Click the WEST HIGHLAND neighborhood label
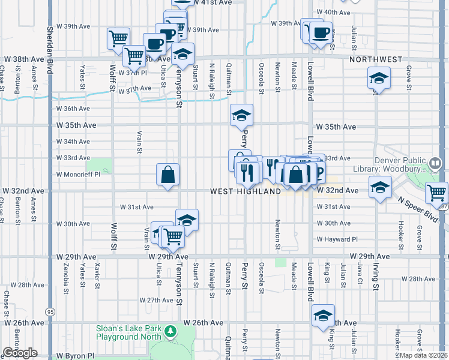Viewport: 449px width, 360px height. tap(246, 191)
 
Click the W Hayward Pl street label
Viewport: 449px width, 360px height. tap(337, 239)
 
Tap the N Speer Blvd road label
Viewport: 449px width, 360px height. tap(423, 207)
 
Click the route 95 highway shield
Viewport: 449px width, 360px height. tap(50, 312)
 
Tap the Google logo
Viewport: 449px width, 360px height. tap(20, 353)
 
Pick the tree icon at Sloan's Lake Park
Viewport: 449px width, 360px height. tap(170, 331)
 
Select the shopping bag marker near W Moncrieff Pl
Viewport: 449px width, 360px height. tap(168, 175)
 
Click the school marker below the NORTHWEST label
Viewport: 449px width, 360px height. tap(378, 79)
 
